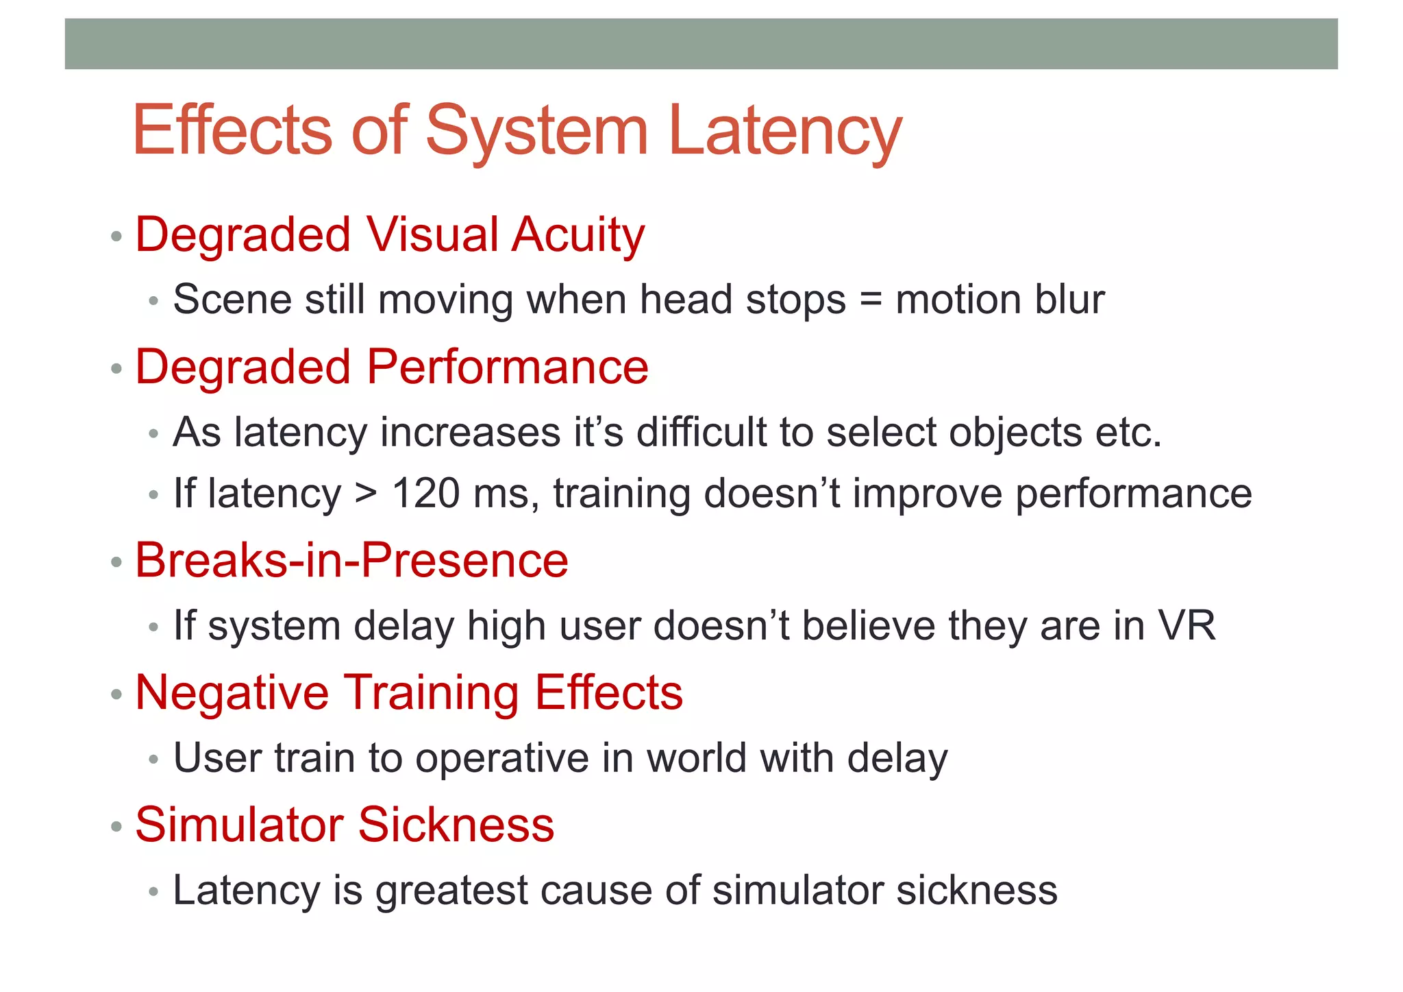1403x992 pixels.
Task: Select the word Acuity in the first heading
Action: tap(578, 234)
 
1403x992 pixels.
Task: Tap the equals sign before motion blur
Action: tap(870, 300)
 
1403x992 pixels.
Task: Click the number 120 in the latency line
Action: tap(425, 493)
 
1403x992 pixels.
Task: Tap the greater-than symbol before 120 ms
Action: tap(366, 494)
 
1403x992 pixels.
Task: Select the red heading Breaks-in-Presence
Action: tap(351, 560)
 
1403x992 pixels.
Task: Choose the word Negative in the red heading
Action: tap(232, 692)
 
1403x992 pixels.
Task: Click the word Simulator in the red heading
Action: tap(239, 824)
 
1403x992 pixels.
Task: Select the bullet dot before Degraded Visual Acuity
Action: tap(116, 237)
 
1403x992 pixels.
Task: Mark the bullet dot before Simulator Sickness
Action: tap(116, 826)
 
